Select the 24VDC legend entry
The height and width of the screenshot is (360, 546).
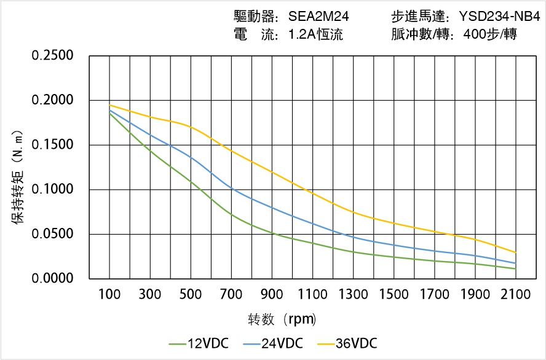(x=272, y=343)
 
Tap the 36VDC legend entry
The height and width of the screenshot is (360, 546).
(x=346, y=343)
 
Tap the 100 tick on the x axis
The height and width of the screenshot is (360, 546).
(x=110, y=295)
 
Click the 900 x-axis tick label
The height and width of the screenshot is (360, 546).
(x=272, y=295)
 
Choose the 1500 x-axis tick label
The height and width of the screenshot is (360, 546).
(x=394, y=295)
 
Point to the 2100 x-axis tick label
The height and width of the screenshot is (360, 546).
(x=515, y=295)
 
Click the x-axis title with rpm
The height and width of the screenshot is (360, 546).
(x=282, y=320)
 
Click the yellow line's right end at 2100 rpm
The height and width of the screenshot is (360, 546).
(x=515, y=252)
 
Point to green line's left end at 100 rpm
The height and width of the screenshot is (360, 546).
(x=110, y=113)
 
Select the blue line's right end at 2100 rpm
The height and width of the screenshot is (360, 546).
(x=515, y=263)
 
